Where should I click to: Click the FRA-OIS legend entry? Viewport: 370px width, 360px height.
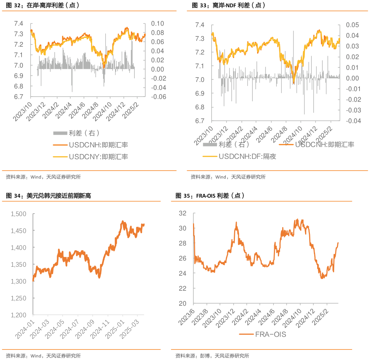click(x=262, y=334)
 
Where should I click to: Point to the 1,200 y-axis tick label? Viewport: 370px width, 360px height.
click(x=19, y=315)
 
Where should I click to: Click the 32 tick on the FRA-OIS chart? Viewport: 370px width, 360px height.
click(x=183, y=213)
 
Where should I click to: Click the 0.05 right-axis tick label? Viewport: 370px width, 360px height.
click(x=353, y=25)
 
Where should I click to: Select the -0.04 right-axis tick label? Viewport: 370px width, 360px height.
click(x=352, y=121)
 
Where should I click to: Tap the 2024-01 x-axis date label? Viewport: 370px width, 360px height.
click(x=25, y=329)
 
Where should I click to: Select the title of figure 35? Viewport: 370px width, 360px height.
click(x=209, y=196)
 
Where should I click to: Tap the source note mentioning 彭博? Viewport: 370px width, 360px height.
click(x=212, y=356)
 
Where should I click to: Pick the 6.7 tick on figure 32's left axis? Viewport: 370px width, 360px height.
click(x=19, y=97)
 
